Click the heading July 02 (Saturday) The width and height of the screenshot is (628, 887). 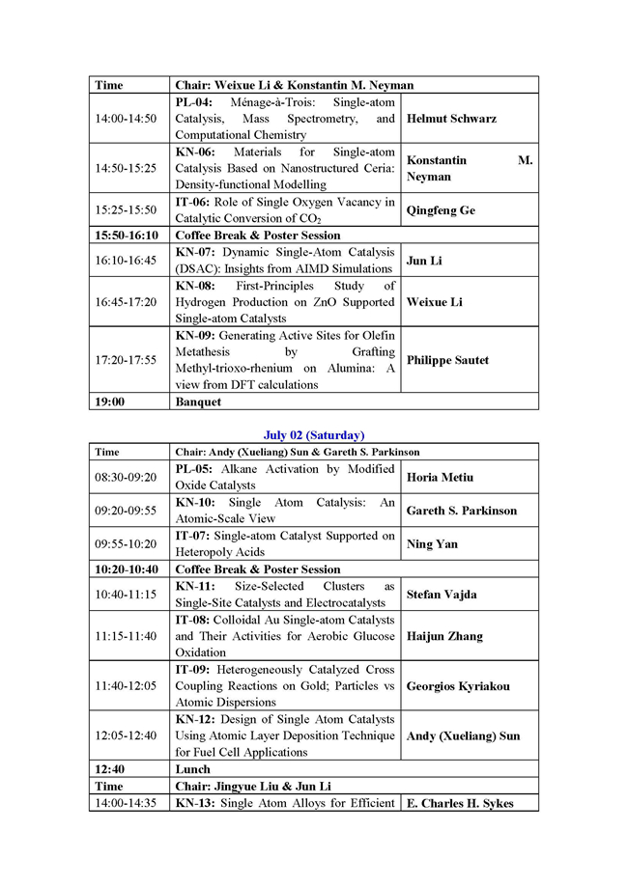314,435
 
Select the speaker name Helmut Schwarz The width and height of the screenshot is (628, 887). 450,119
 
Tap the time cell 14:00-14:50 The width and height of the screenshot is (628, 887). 126,119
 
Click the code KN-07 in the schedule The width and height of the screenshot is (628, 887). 196,252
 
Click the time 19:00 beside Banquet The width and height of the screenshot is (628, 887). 110,402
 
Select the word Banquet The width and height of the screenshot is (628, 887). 198,402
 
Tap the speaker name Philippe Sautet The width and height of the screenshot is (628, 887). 448,360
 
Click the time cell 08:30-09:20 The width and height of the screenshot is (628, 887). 126,477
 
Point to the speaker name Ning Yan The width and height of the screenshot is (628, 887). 432,544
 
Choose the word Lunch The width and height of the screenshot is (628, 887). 192,769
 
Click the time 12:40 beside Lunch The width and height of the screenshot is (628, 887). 110,769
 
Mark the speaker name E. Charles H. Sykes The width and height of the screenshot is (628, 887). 460,803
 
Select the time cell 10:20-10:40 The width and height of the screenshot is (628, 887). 126,569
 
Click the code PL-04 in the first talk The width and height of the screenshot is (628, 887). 195,102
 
